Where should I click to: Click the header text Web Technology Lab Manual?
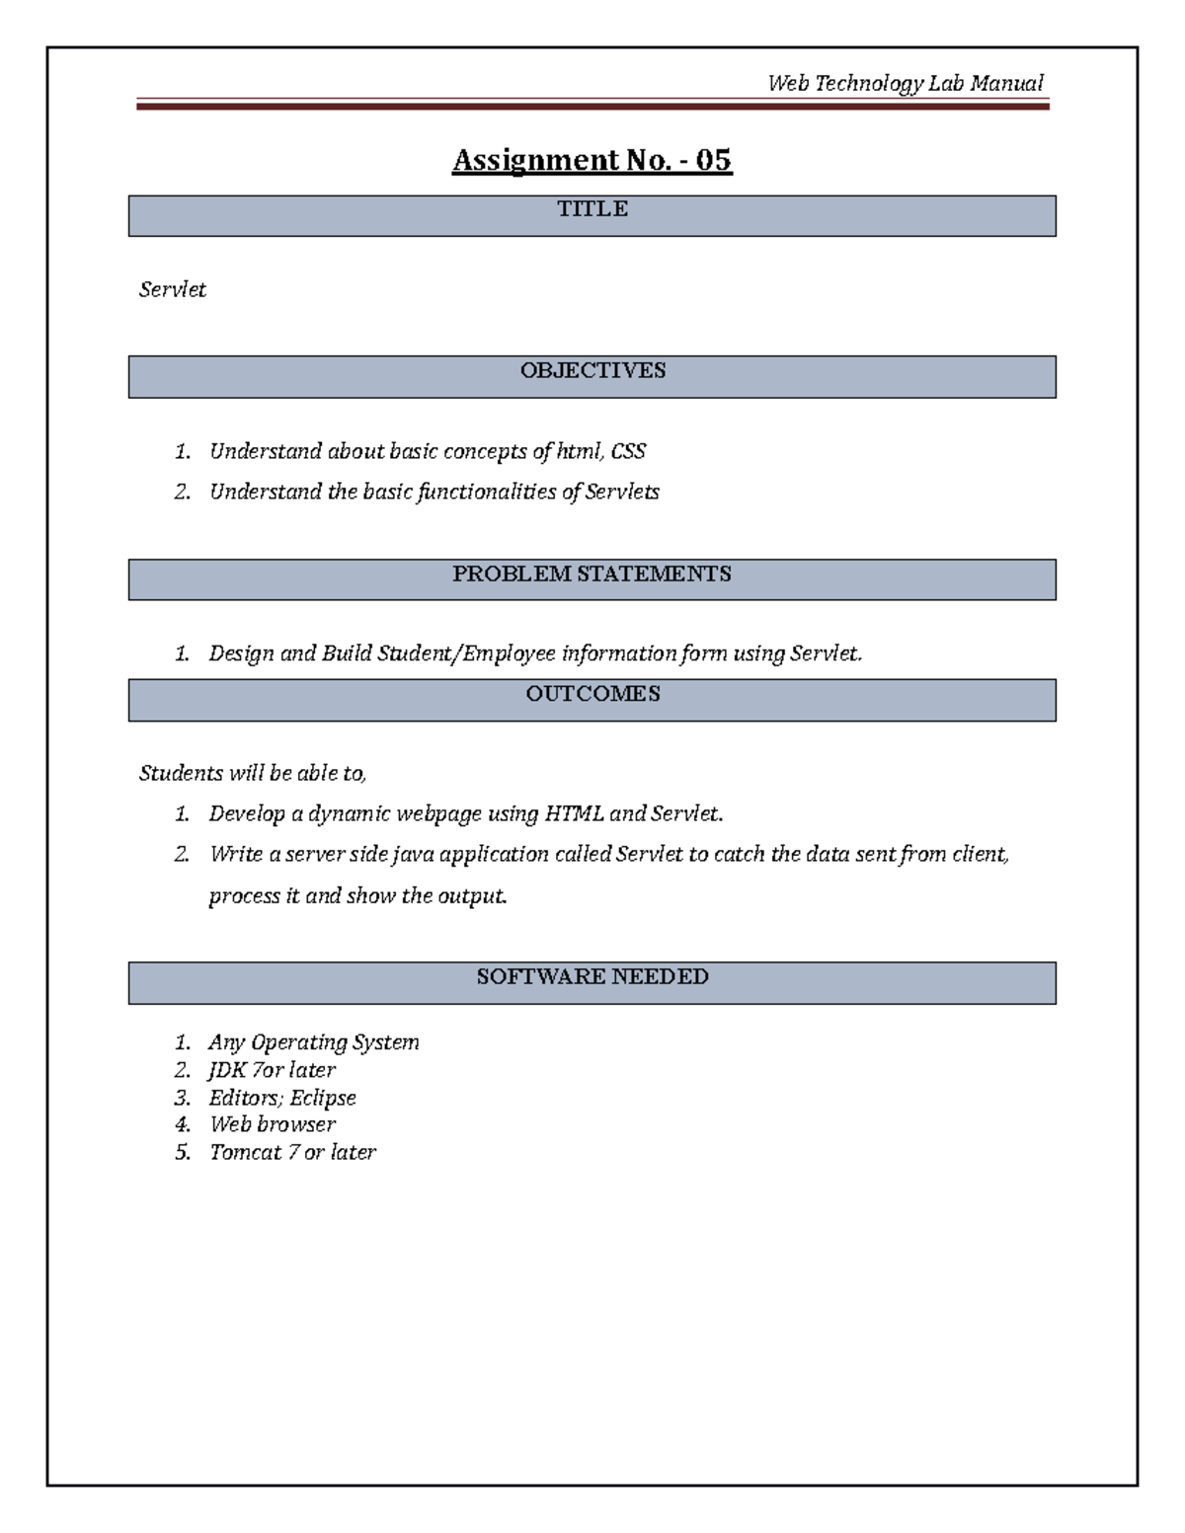[905, 84]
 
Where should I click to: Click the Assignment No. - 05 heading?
[592, 160]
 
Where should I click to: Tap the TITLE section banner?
[592, 215]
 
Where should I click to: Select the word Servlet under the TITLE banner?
[173, 290]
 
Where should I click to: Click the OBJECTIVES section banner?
[592, 376]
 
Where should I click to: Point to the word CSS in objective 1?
[628, 452]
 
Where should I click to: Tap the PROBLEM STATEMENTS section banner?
[592, 579]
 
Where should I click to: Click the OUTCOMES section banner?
[592, 699]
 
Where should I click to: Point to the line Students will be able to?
[253, 774]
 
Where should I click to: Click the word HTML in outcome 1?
[574, 814]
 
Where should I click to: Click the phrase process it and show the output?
[357, 896]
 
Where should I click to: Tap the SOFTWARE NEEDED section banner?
[592, 982]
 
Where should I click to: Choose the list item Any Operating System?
[313, 1043]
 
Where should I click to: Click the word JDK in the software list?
[227, 1071]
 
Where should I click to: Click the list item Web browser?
[272, 1125]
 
